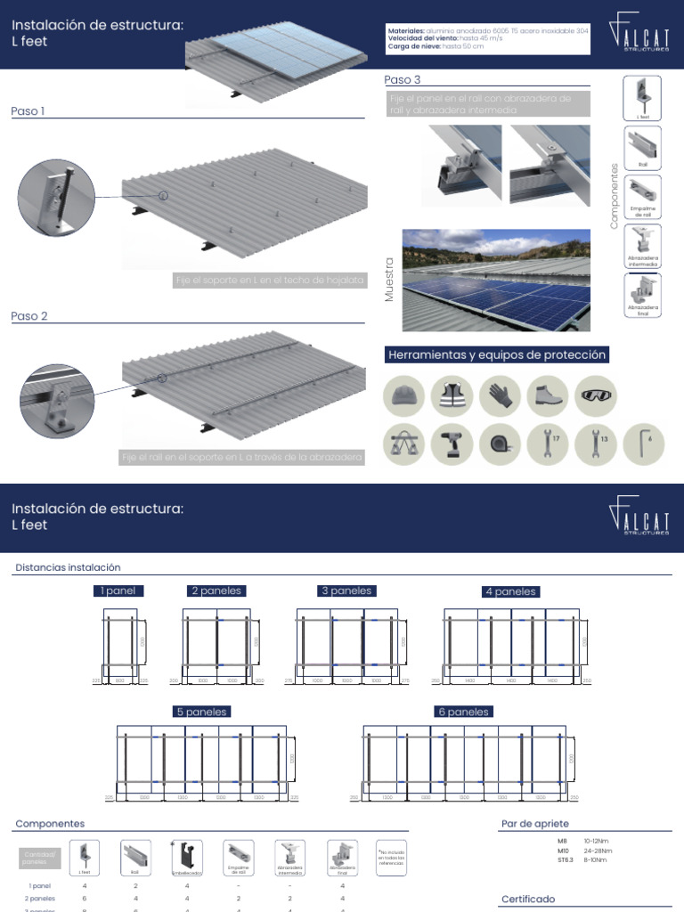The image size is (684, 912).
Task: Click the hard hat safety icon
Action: [x=404, y=395]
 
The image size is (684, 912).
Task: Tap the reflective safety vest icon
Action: [x=452, y=395]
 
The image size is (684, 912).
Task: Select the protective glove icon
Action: [x=500, y=395]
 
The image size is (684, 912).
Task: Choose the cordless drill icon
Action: [x=452, y=443]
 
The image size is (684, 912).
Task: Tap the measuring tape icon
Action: [x=500, y=443]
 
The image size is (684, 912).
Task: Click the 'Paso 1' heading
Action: [x=28, y=111]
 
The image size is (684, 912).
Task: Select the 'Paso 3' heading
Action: [x=402, y=80]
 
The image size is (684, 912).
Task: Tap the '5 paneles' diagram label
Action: [x=202, y=712]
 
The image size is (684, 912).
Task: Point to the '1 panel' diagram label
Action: [x=118, y=590]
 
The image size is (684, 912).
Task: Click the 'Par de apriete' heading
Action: [x=534, y=824]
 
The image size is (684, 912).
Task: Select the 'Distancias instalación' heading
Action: [x=68, y=567]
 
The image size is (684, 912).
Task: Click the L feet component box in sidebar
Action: [x=642, y=97]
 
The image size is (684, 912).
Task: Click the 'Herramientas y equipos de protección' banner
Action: [x=497, y=355]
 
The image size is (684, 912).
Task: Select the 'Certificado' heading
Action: [x=528, y=900]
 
